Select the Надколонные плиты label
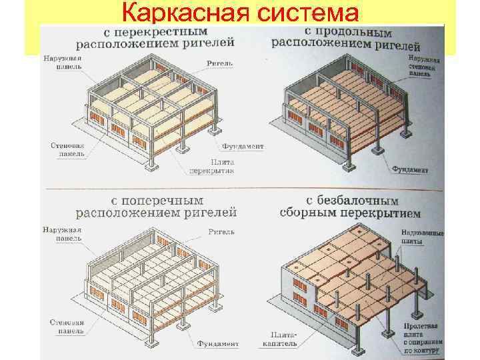[x=422, y=237]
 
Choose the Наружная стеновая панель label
[x=424, y=67]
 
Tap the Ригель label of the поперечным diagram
[x=221, y=232]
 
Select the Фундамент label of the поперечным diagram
[x=217, y=344]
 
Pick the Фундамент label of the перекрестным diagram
[x=243, y=146]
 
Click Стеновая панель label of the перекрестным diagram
[x=68, y=148]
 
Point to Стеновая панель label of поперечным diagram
[x=67, y=326]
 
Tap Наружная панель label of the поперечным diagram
[x=61, y=233]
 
